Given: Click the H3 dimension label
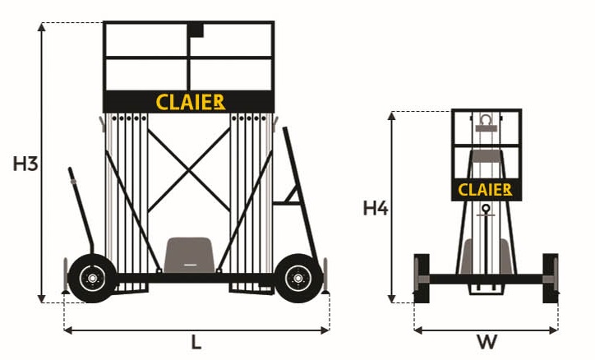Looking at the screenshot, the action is [x=25, y=164].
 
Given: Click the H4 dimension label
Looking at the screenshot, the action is [x=376, y=208].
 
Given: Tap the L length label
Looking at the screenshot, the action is [x=196, y=343].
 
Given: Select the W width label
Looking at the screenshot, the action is [x=487, y=342].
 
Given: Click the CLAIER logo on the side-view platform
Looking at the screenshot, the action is [x=191, y=103].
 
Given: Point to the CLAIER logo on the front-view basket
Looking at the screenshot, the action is [x=485, y=190].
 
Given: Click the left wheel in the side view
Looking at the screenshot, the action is [x=92, y=279].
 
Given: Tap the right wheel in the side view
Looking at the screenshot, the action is [x=298, y=279].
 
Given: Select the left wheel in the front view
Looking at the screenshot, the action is [x=422, y=279].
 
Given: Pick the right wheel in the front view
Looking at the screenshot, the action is [x=551, y=279].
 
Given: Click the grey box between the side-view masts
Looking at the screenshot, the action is [x=189, y=255].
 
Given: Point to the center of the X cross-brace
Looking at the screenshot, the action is [x=188, y=170].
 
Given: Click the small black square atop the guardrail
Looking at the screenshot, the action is [x=196, y=30].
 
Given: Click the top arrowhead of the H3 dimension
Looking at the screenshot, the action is [x=42, y=27].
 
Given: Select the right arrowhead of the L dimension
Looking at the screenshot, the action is [x=325, y=330].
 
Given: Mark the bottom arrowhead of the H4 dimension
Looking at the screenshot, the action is [x=392, y=298].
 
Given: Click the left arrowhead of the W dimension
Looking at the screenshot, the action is [x=418, y=330].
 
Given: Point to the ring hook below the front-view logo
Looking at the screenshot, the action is [x=486, y=208].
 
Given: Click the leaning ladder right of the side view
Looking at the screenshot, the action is [x=301, y=193].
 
